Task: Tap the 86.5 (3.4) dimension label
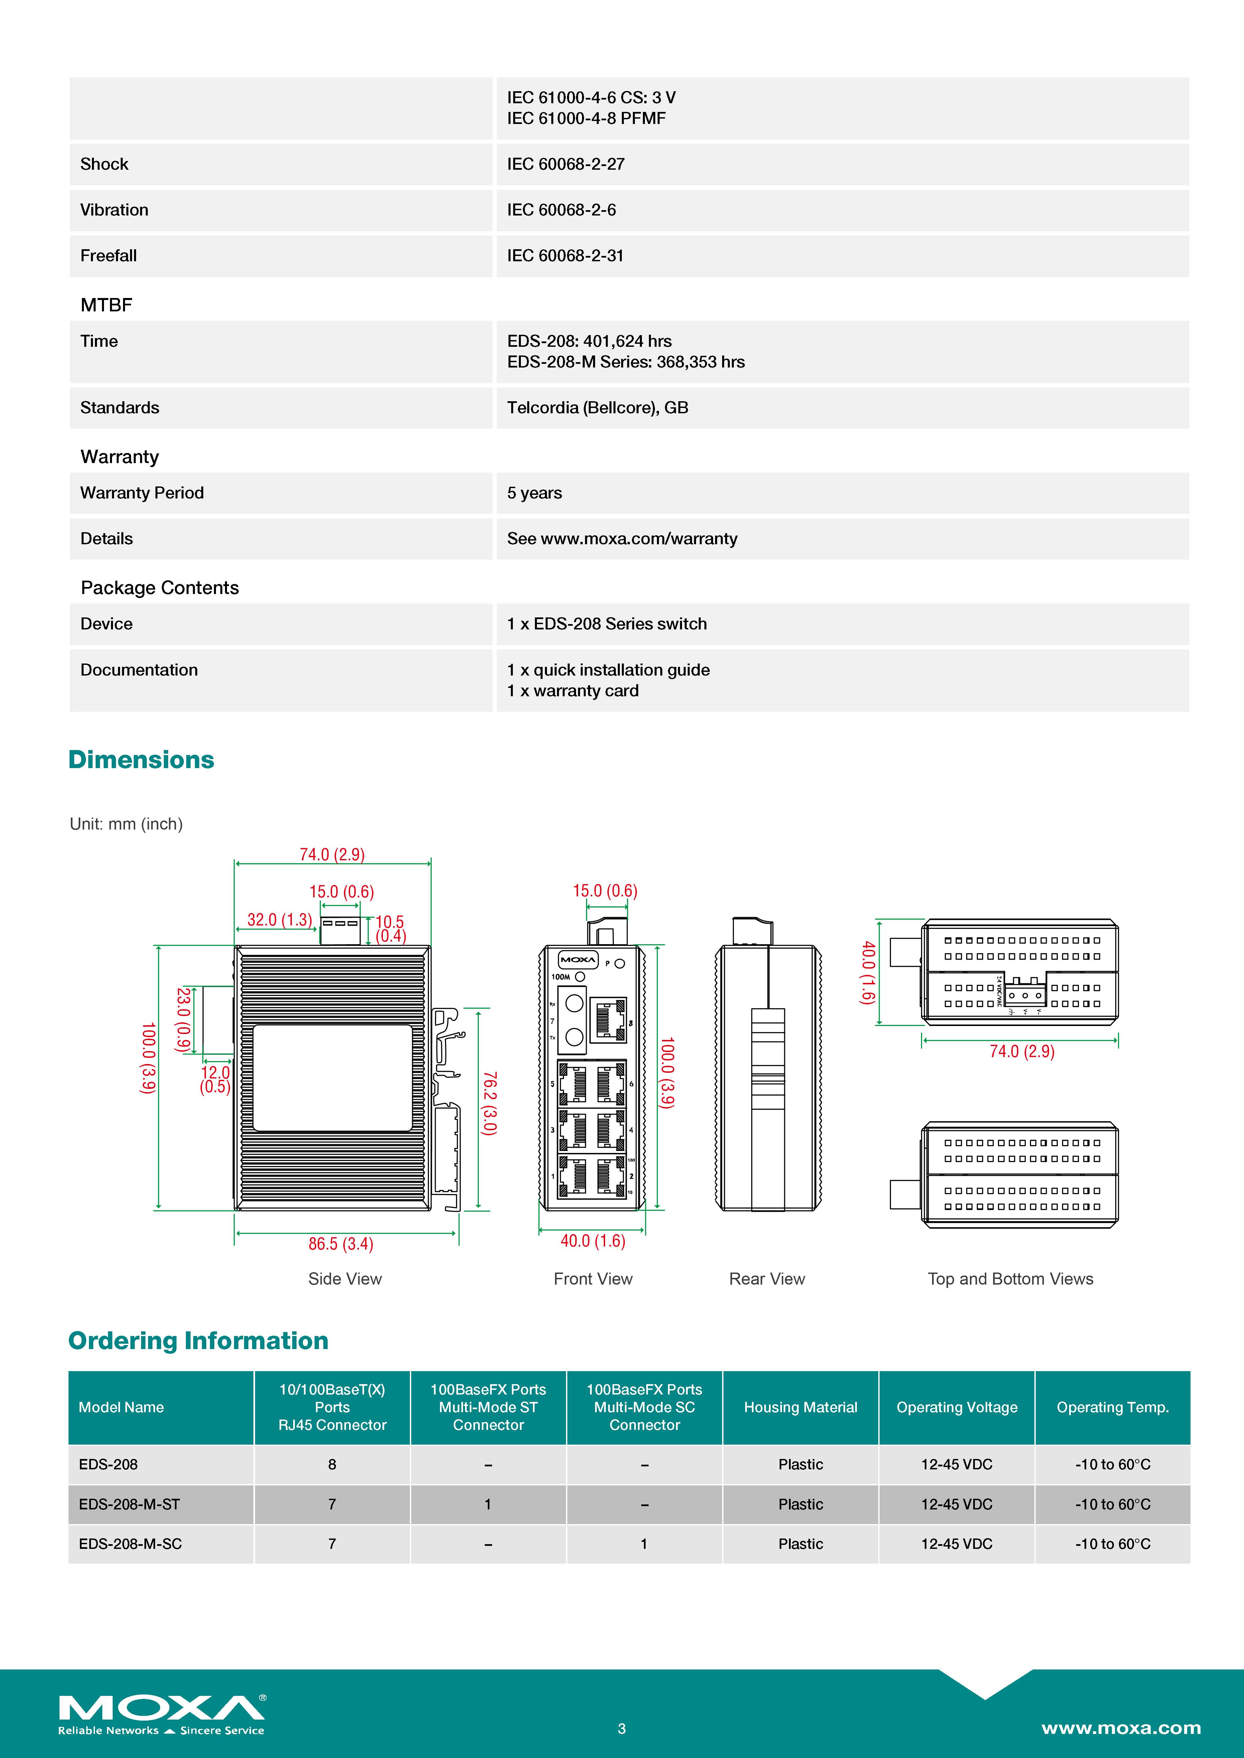(x=341, y=1244)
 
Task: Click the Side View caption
(x=345, y=1279)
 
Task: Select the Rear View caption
(x=767, y=1279)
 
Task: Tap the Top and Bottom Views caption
(x=1010, y=1279)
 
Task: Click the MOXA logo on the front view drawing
(x=578, y=960)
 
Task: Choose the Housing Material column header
(x=800, y=1407)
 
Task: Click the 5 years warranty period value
(x=535, y=493)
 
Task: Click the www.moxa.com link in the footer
(x=1121, y=1728)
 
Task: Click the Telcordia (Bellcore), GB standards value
(x=597, y=407)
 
